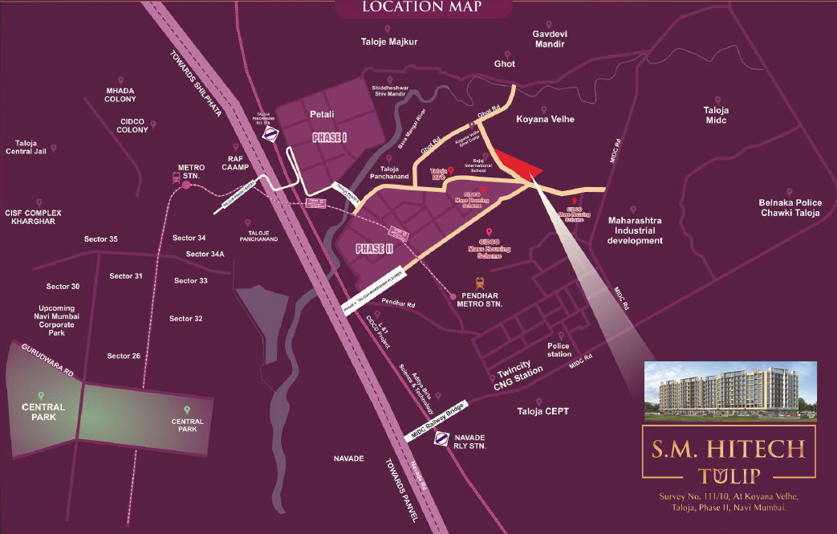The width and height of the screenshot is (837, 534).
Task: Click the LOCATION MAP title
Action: (421, 8)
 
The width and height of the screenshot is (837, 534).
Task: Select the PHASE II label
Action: (374, 249)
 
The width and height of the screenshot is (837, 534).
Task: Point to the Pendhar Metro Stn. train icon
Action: (480, 283)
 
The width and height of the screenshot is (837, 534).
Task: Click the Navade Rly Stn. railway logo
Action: (441, 438)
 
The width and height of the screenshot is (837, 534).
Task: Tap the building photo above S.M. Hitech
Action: (730, 390)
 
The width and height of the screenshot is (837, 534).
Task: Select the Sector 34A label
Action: (205, 254)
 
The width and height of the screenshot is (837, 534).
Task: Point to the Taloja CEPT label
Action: (543, 411)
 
